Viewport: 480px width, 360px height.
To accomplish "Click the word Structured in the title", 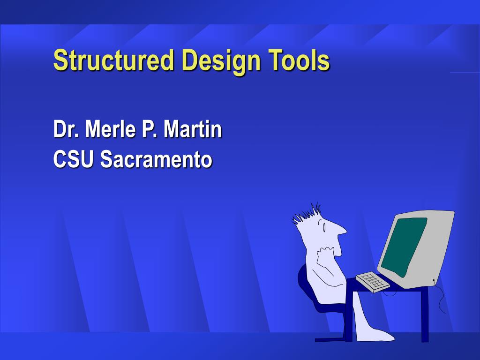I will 113,60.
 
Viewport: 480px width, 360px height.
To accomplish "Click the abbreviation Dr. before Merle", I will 66,129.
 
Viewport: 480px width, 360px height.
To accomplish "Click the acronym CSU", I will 74,159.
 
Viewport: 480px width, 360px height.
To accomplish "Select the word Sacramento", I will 157,159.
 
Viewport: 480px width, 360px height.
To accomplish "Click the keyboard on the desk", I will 373,281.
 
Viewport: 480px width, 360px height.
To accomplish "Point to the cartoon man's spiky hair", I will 307,213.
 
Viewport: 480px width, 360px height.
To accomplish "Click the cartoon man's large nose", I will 339,230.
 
